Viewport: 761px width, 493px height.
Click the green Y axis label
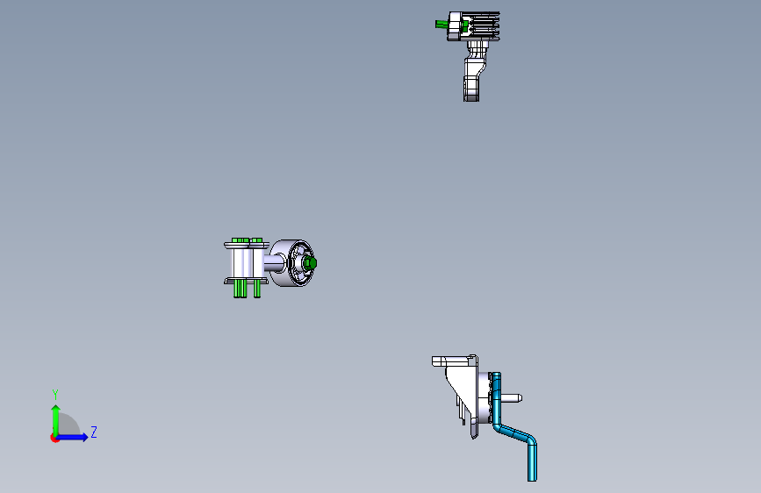54,394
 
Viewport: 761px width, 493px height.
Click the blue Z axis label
93,432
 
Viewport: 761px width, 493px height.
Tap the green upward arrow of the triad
55,412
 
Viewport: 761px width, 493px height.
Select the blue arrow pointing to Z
79,437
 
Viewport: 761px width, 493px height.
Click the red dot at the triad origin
54,438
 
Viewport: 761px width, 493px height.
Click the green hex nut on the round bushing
310,262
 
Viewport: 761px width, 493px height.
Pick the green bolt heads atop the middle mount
247,240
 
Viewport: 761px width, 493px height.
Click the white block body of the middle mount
238,262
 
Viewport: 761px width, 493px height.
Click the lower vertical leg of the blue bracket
532,460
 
